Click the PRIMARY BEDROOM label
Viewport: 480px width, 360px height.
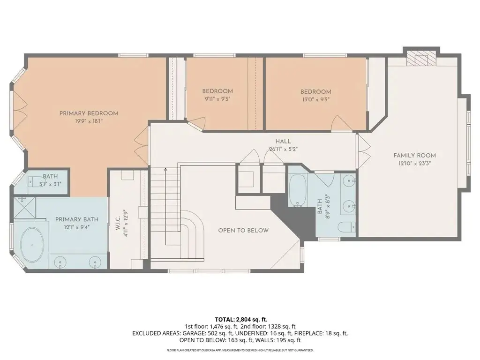click(89, 113)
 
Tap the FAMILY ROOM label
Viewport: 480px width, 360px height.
click(414, 156)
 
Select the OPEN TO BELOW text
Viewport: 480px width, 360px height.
click(243, 231)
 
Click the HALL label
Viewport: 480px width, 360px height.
click(283, 142)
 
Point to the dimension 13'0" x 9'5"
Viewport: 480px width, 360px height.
click(315, 99)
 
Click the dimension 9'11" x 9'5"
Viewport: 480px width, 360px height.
click(217, 99)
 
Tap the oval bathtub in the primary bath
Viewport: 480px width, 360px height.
click(32, 245)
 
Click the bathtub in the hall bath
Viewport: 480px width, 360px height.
click(298, 190)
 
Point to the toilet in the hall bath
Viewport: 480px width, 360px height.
click(346, 227)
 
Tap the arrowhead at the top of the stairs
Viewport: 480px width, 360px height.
click(165, 169)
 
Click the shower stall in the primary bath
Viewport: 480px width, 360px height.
click(24, 208)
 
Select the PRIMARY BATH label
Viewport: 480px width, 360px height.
click(77, 219)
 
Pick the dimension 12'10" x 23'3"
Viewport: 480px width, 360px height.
click(414, 164)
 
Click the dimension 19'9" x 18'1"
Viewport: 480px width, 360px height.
click(89, 121)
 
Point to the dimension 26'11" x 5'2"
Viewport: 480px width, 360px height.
click(283, 150)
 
